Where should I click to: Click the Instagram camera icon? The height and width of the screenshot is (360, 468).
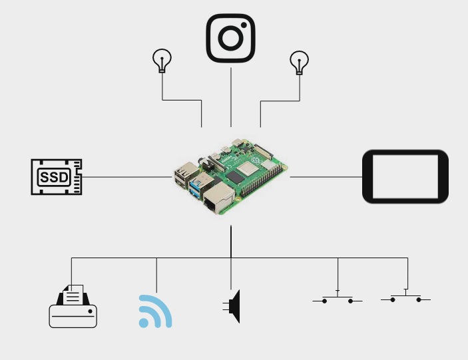coord(231,37)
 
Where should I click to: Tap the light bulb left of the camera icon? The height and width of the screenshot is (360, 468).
coord(162,61)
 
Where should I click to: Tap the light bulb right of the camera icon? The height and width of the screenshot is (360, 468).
coord(299,62)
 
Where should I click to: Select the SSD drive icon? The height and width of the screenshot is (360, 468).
coord(57,177)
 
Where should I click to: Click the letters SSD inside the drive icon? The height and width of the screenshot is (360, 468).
coord(53,178)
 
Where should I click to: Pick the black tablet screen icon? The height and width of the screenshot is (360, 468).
coord(405,176)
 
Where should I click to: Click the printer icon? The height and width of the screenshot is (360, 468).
coord(73,307)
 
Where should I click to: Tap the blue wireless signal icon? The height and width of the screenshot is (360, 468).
coord(154,311)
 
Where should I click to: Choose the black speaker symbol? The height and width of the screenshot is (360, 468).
coord(233,306)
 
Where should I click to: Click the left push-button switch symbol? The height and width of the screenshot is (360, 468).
coord(338,298)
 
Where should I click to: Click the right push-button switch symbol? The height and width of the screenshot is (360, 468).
coord(405,297)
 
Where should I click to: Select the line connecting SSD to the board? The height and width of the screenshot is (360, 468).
coord(126,177)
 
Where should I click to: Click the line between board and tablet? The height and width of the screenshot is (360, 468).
coord(326,177)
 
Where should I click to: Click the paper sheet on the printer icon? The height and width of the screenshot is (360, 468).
coord(74,293)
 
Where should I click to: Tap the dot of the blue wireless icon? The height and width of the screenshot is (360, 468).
coord(144,323)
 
